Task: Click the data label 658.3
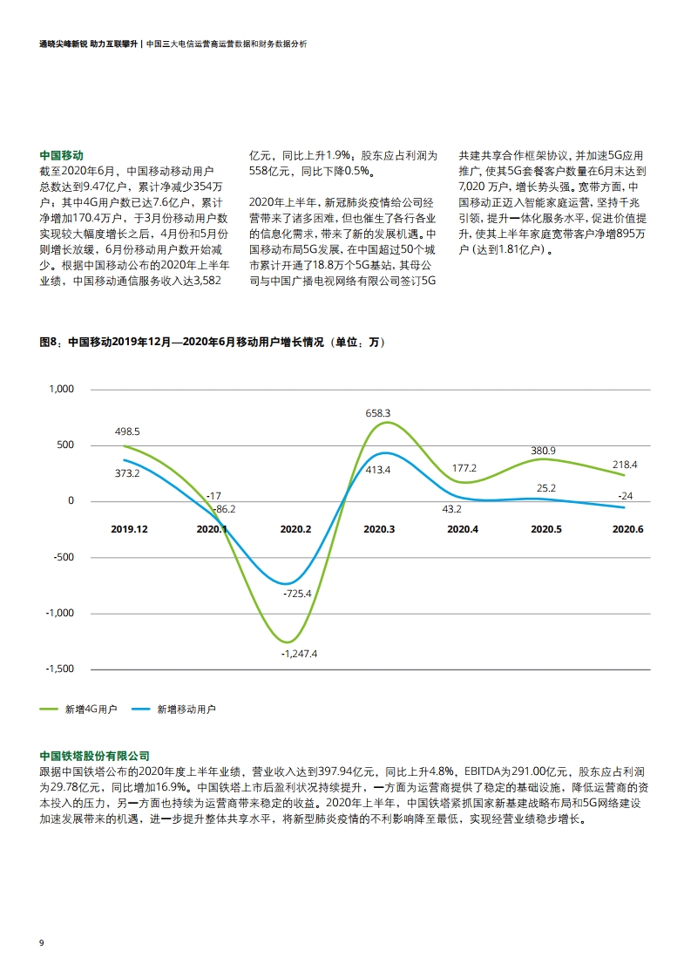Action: click(377, 413)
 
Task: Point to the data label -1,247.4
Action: click(299, 653)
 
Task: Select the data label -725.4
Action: click(297, 593)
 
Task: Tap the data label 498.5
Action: click(127, 431)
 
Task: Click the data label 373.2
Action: click(127, 473)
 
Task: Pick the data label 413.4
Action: click(377, 470)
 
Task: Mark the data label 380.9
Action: click(543, 451)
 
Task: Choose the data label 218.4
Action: click(625, 465)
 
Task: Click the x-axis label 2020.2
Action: click(295, 529)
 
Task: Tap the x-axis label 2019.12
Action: click(129, 529)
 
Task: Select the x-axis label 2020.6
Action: click(627, 529)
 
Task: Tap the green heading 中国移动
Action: click(62, 154)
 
